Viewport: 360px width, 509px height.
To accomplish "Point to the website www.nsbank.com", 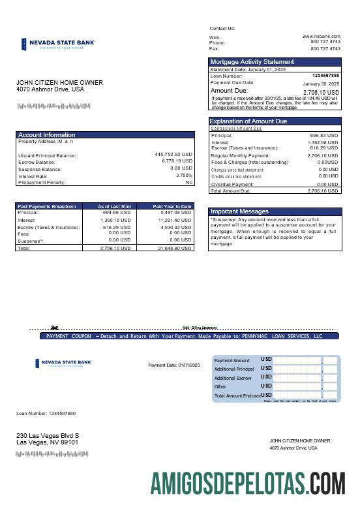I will point(321,36).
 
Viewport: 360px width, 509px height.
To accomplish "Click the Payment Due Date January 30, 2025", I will point(321,84).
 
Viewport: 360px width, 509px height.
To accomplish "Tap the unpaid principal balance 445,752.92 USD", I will point(173,155).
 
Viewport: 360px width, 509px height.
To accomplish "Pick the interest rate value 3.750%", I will point(184,175).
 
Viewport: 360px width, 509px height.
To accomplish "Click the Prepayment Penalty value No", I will point(188,182).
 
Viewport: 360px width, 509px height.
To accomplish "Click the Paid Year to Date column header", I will point(172,206).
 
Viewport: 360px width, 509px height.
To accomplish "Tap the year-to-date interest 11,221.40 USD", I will point(175,220).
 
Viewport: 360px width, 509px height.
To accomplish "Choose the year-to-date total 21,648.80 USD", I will point(175,248).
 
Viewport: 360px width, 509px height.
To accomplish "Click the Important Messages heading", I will point(239,211).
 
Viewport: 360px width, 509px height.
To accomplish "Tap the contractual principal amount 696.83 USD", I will point(323,136).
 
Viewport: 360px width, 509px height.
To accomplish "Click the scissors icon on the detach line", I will point(55,328).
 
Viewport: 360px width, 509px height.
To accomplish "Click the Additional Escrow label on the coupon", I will point(233,378).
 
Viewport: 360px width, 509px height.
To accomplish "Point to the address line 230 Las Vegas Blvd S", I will point(48,435).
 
